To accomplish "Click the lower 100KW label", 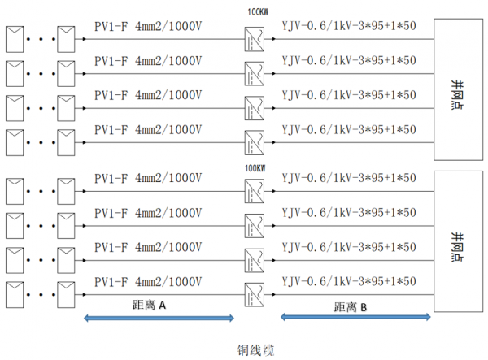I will [x=255, y=168].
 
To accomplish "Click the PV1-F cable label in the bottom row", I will [x=147, y=281].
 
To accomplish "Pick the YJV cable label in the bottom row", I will [x=349, y=281].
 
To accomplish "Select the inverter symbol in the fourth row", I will [x=255, y=140].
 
